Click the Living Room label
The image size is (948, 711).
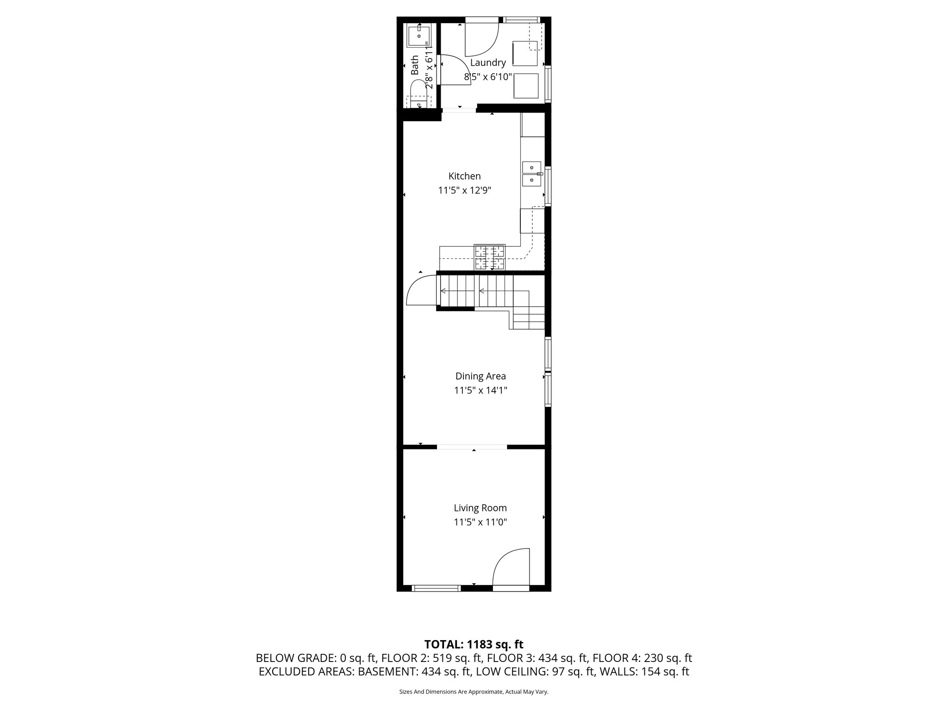pos(480,508)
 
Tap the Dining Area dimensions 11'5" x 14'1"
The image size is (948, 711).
pos(480,390)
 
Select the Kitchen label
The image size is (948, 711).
pos(464,176)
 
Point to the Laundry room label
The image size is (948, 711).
pos(488,62)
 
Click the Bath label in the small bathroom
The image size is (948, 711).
pos(415,65)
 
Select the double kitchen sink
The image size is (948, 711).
pos(532,174)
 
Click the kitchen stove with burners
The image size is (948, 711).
pos(489,258)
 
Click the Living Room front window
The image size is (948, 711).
pos(436,588)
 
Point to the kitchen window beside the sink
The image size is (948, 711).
pos(548,186)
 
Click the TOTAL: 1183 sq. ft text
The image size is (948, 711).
pos(474,644)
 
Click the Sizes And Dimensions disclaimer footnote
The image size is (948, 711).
pos(474,692)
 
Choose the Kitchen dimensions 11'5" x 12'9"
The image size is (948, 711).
pos(464,190)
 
